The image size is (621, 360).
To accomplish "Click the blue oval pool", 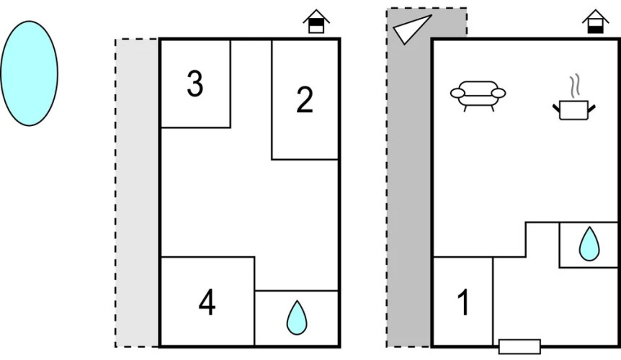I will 29,73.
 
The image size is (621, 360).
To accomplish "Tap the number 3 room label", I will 195,85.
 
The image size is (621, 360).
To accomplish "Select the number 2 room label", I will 305,101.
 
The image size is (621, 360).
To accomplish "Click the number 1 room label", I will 463,302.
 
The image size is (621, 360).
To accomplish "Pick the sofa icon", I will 478,95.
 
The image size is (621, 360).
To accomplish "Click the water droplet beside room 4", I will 296,317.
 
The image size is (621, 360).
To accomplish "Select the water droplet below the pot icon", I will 589,245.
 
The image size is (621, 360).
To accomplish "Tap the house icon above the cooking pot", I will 595,22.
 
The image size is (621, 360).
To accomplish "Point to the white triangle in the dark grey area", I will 412,30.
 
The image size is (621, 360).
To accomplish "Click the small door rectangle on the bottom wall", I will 519,346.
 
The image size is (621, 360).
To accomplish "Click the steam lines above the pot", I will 574,86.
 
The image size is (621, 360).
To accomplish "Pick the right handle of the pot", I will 592,107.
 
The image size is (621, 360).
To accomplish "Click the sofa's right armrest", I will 498,92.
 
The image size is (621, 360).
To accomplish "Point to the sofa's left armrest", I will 458,92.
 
